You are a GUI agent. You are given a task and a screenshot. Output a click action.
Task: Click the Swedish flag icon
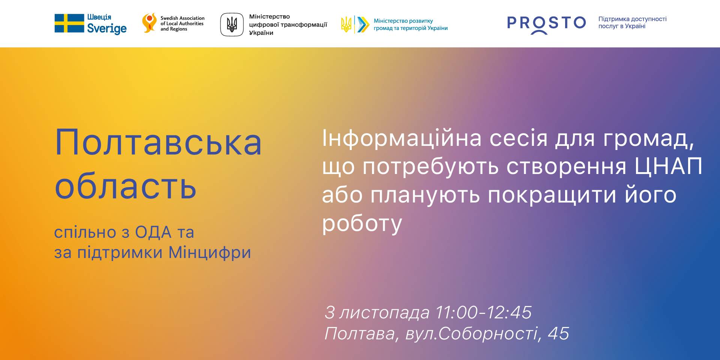point(69,23)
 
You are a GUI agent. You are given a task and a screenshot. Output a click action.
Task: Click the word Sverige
point(107,28)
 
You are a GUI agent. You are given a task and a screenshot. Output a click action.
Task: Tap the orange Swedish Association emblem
point(149,23)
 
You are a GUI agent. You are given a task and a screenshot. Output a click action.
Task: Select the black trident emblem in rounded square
point(232,24)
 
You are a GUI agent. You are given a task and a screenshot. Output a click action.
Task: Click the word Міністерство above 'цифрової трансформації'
point(270,16)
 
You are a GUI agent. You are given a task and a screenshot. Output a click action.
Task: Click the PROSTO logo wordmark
point(546,24)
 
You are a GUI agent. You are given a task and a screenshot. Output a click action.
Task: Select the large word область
point(126,186)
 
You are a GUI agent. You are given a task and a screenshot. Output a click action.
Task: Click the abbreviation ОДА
point(153,232)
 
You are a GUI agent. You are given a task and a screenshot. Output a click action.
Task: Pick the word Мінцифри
point(210,253)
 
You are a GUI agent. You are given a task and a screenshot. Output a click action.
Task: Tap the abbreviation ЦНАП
point(668,166)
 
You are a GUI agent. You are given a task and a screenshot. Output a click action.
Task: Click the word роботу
point(362,223)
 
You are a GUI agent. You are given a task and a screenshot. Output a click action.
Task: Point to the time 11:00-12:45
point(483,312)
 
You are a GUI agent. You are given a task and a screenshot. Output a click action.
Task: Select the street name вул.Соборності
point(472,334)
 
